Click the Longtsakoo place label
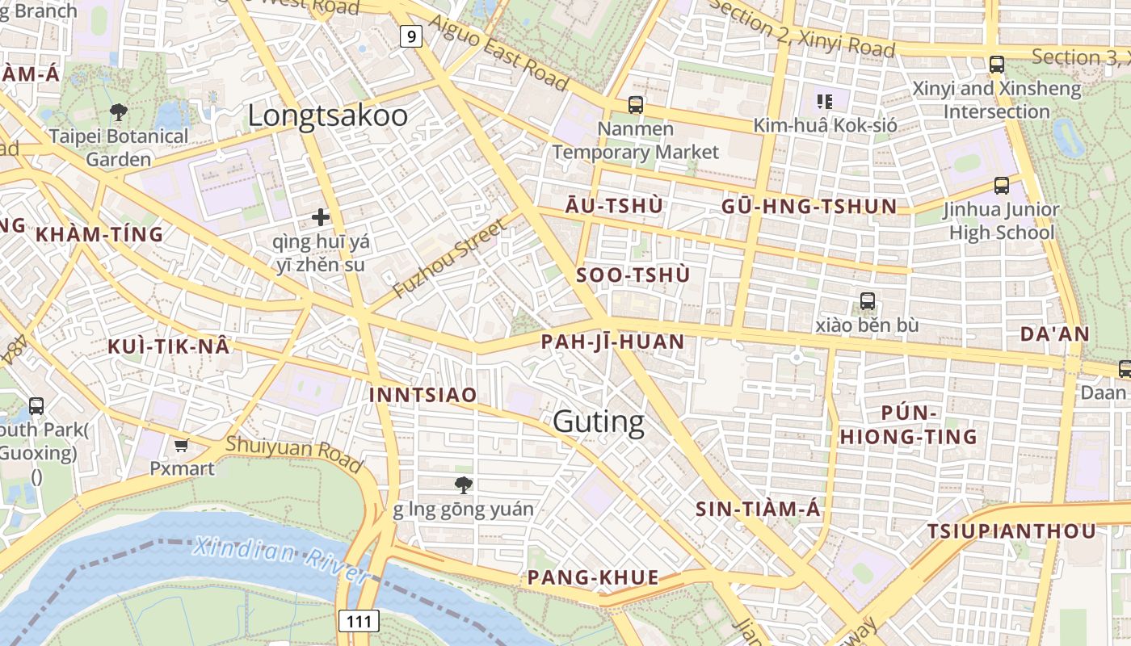327,115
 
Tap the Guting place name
599,421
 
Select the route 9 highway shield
412,36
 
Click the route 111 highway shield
358,621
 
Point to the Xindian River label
280,560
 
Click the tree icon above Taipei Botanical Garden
119,111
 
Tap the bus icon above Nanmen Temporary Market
636,104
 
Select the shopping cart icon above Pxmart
182,445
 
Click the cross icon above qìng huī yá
321,216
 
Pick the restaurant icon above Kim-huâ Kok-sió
825,101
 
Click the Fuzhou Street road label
448,257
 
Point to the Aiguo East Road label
499,53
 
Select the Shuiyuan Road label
294,454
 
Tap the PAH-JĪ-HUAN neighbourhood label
613,342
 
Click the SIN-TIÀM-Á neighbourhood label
758,509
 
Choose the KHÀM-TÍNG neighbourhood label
99,235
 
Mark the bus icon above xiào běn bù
868,301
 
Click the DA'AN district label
1055,334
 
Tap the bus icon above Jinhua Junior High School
1002,185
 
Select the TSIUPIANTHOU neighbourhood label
1011,531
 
